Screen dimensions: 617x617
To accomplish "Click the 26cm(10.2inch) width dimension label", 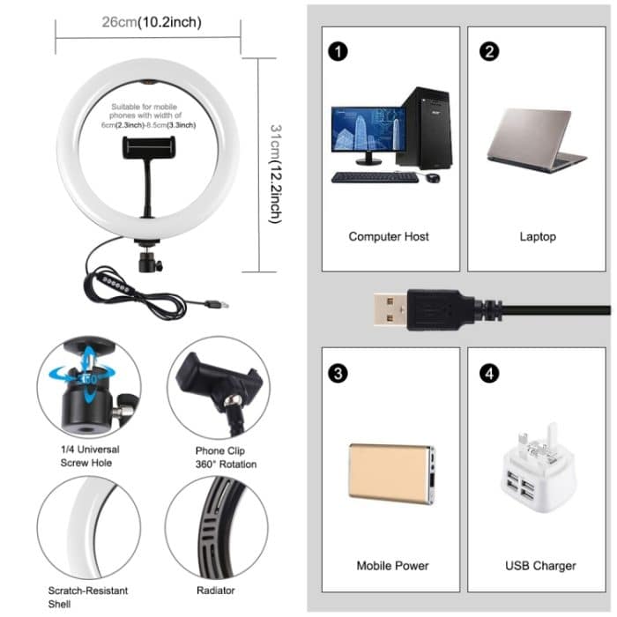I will pos(149,22).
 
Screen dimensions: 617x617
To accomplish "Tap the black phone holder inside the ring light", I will pos(148,149).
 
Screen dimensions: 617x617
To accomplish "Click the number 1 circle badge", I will pos(338,51).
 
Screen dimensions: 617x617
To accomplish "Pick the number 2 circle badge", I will pos(489,51).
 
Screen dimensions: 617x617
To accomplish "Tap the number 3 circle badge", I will pos(338,373).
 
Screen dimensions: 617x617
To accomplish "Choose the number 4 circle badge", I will pos(489,373).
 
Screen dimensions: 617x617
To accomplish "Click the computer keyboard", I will pos(374,177).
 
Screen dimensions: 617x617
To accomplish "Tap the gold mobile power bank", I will pos(391,473).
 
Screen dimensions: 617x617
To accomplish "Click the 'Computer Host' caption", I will pos(389,236).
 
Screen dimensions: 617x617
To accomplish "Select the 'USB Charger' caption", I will pos(541,565).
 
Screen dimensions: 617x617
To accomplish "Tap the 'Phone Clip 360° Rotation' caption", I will pos(227,457).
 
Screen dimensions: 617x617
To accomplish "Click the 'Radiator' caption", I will pos(217,590).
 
